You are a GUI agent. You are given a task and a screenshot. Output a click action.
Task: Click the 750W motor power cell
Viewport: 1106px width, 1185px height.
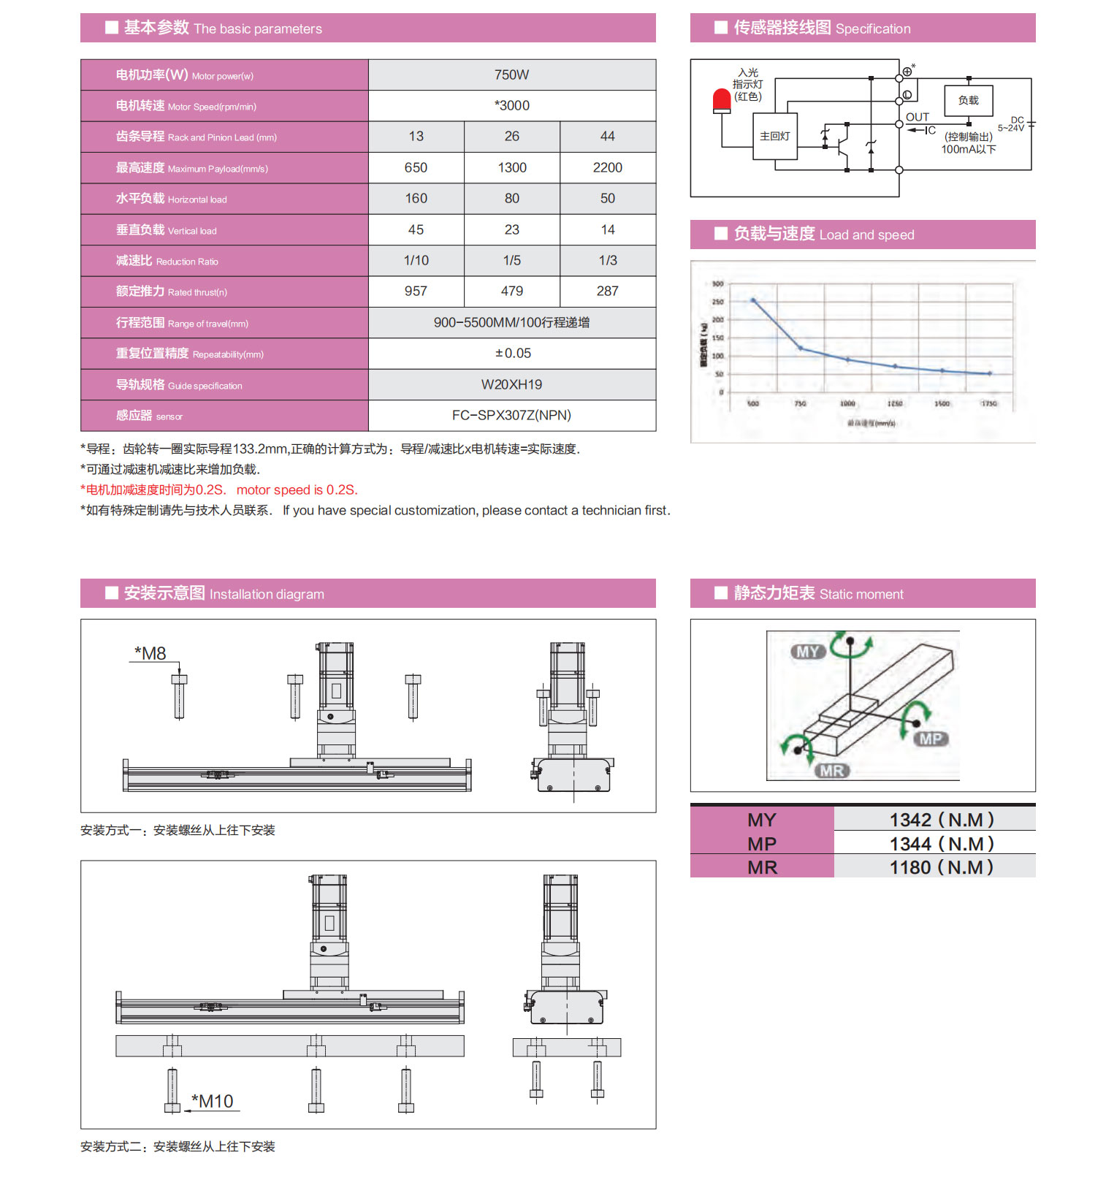click(511, 75)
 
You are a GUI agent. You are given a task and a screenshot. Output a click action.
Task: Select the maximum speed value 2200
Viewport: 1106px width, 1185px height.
click(607, 168)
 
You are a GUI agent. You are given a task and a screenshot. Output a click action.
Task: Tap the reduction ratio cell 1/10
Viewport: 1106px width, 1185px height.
click(416, 261)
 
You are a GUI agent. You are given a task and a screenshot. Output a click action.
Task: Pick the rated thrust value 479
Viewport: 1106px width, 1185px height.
click(511, 292)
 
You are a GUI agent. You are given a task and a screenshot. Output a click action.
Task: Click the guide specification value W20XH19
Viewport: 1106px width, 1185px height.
click(511, 385)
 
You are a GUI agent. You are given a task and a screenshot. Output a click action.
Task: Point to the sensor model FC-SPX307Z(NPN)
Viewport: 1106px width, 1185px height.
click(511, 416)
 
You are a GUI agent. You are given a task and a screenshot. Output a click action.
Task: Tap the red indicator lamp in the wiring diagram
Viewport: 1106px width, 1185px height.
click(722, 101)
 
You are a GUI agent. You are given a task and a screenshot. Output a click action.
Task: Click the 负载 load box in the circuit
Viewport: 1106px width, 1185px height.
click(968, 101)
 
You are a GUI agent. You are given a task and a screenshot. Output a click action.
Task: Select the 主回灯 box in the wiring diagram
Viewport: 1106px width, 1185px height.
click(774, 137)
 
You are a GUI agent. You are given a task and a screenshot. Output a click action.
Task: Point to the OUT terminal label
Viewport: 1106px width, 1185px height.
click(918, 117)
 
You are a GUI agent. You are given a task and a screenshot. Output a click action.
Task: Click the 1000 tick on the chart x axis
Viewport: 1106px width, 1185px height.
click(847, 403)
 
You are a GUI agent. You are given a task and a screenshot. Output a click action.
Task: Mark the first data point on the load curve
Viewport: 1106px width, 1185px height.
click(753, 300)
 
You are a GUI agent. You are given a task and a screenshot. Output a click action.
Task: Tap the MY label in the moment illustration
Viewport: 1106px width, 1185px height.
click(807, 652)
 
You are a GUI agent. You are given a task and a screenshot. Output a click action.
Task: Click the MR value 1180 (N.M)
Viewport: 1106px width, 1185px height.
click(941, 867)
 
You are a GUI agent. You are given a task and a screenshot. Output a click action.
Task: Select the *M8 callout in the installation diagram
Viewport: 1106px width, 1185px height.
click(150, 653)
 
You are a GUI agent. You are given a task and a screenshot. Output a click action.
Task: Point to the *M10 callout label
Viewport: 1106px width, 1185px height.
click(213, 1101)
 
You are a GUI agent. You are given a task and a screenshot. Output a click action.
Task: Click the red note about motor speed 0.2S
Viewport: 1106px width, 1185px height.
click(219, 490)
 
